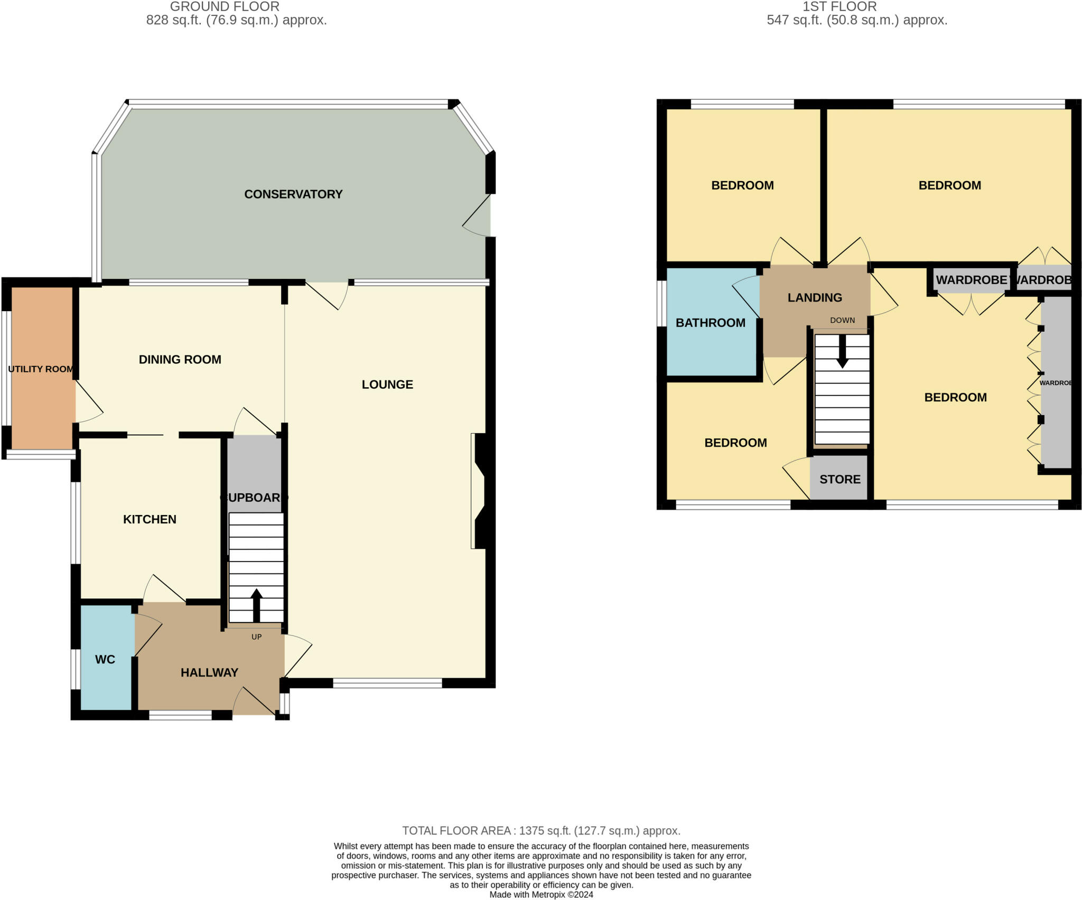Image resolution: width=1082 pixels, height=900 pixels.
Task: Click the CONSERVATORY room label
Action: point(293,194)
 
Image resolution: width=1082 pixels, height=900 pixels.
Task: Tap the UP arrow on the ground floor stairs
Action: point(256,605)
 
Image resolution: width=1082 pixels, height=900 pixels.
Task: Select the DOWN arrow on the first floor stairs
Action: point(842,351)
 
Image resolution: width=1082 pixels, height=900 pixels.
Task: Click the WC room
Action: point(106,659)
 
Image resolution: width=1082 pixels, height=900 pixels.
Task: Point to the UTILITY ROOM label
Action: point(41,369)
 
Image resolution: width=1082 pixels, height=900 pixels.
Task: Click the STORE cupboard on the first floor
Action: point(840,479)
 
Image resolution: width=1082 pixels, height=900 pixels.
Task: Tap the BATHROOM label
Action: point(710,323)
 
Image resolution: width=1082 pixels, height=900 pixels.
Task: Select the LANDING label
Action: point(815,297)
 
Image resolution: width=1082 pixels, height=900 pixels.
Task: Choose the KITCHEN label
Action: point(150,519)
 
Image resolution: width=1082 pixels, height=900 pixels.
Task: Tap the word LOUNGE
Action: point(387,385)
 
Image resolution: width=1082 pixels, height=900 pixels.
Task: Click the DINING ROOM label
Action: point(180,360)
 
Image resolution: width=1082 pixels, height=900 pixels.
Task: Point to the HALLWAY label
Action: point(209,672)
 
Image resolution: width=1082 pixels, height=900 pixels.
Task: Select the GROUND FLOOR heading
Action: point(225,7)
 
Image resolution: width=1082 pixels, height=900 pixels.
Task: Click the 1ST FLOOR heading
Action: point(840,7)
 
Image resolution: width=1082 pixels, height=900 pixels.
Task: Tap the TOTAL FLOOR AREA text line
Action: point(541,831)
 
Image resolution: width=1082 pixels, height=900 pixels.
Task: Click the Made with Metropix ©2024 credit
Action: point(541,895)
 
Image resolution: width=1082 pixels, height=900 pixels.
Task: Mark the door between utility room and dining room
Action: point(88,401)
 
